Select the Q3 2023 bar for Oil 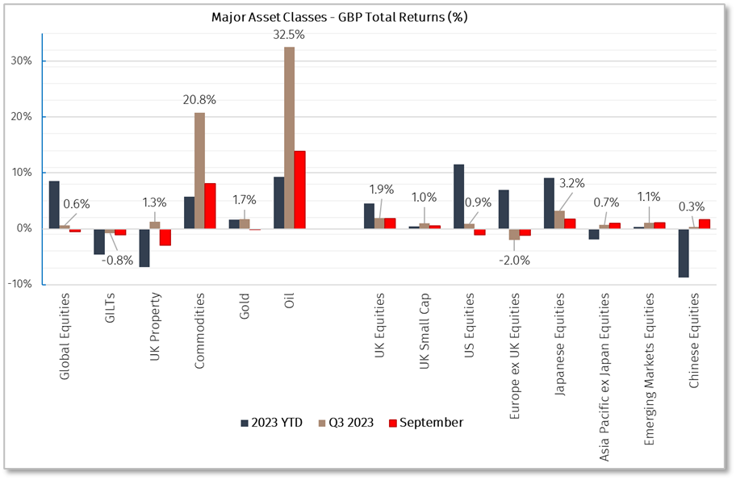point(289,137)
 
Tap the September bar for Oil point(299,190)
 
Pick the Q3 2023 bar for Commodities point(199,170)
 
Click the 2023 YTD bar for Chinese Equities point(684,253)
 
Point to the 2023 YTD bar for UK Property point(144,247)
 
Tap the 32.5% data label point(289,35)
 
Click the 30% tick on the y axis point(22,61)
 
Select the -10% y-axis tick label point(19,284)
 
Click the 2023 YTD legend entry point(271,423)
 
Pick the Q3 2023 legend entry point(349,423)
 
